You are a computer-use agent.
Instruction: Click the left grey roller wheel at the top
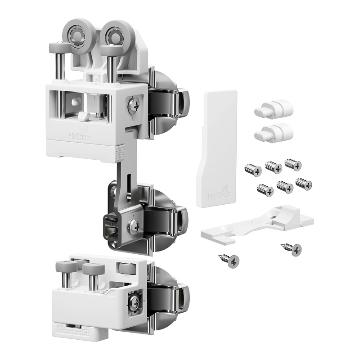pos(78,35)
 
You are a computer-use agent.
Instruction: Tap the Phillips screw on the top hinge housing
pos(133,104)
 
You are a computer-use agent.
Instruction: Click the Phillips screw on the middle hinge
pos(133,225)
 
